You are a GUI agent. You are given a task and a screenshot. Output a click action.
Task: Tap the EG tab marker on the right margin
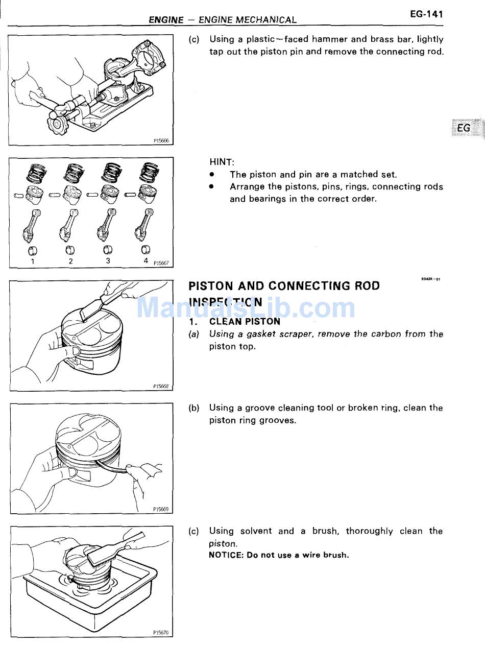click(464, 128)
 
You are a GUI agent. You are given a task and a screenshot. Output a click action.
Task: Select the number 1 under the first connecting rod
click(33, 261)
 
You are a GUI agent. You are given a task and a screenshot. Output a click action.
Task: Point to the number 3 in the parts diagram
click(108, 260)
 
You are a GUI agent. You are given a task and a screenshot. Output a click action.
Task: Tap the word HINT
click(222, 162)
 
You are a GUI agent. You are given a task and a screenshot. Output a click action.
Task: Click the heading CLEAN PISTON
click(245, 322)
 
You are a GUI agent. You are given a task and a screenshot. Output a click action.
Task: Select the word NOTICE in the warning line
click(225, 555)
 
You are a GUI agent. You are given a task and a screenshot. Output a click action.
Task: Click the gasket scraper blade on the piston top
click(91, 309)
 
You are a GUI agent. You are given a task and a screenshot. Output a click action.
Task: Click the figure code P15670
click(160, 632)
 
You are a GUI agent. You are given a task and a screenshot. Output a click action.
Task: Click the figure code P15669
click(160, 509)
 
